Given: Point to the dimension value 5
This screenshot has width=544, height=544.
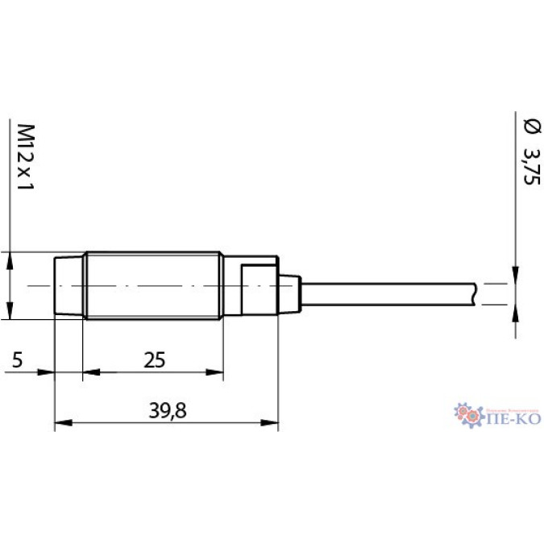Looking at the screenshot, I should click(x=17, y=359).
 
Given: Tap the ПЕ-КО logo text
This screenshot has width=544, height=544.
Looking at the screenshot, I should click(x=513, y=419).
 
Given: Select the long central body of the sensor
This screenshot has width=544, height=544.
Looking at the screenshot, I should click(x=153, y=286).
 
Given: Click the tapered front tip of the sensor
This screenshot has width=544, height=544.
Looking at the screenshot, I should click(x=69, y=286).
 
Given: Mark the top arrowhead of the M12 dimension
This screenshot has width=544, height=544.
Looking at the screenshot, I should click(x=9, y=260).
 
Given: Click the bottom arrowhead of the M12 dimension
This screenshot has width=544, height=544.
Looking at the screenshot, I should click(x=9, y=313).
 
